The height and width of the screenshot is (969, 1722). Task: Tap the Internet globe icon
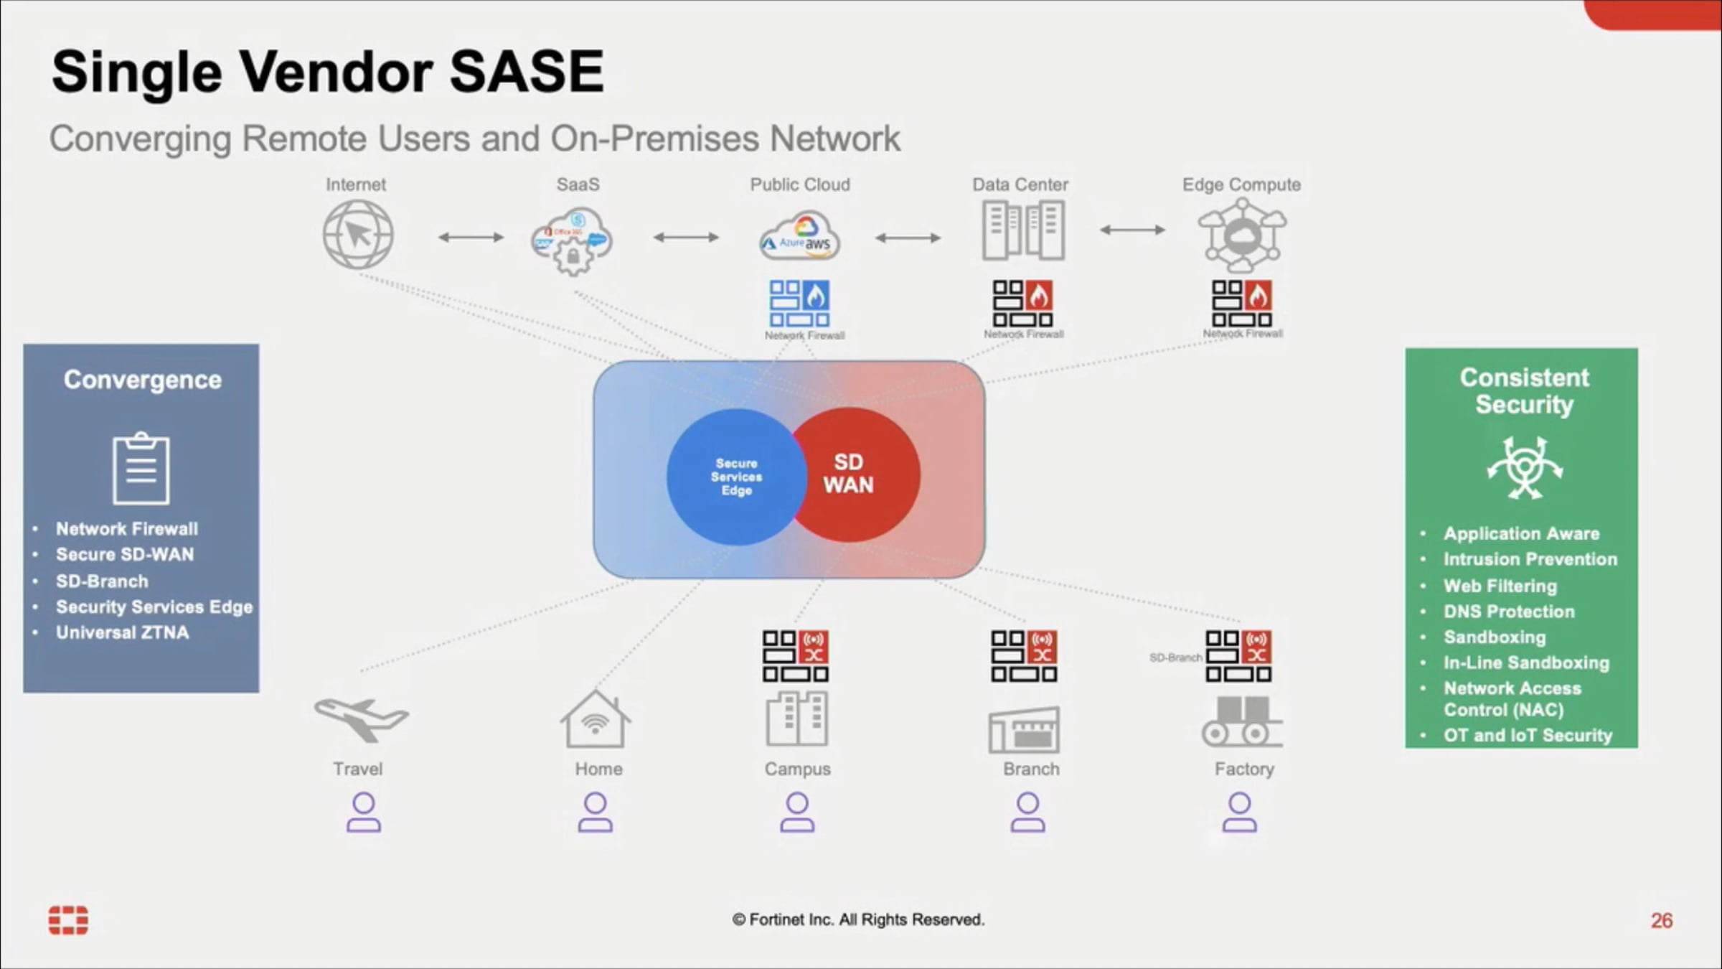357,235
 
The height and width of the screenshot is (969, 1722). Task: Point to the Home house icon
596,721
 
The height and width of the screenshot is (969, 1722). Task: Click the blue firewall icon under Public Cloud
799,304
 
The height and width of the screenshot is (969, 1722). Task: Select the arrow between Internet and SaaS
471,237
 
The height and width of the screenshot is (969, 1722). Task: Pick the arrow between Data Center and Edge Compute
1132,230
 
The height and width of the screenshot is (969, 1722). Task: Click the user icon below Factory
1239,813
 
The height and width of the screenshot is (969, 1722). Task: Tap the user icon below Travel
364,813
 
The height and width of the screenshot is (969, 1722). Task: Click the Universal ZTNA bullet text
123,632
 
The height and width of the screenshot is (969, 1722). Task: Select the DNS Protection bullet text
1509,612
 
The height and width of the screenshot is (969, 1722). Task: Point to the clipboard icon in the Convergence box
141,469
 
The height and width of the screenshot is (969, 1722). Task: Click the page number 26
1661,920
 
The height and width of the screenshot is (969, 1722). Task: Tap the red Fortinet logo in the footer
68,920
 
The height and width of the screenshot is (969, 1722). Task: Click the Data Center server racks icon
1022,230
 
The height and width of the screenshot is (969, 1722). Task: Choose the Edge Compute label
1241,184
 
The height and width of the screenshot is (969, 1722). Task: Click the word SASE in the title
527,72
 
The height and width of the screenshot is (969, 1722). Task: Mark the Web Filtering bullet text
1500,586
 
